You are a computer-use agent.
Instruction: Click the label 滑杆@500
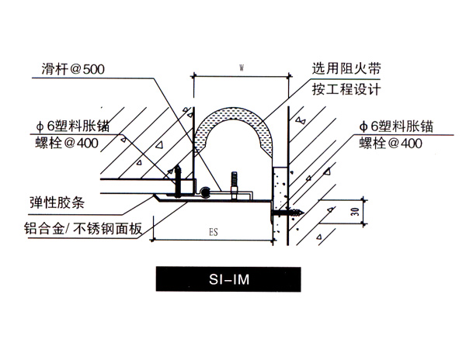click(73, 69)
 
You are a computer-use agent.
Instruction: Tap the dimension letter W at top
click(242, 68)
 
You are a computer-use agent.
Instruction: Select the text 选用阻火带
click(346, 68)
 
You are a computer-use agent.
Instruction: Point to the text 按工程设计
click(346, 89)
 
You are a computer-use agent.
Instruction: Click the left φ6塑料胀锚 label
click(73, 126)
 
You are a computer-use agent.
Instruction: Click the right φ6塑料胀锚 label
click(396, 126)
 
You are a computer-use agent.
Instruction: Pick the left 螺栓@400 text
click(67, 144)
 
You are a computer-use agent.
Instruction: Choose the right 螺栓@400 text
click(391, 144)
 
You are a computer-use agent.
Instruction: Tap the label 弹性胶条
click(57, 203)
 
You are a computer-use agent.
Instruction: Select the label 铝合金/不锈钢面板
click(83, 229)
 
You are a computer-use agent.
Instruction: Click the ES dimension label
click(214, 232)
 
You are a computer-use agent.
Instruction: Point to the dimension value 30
click(355, 212)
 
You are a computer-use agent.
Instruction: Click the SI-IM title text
click(229, 279)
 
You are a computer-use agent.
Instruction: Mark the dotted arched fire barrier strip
click(233, 112)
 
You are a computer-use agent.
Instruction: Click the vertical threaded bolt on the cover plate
click(235, 185)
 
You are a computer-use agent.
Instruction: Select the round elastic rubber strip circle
click(205, 192)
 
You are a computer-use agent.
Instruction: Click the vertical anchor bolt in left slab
click(178, 181)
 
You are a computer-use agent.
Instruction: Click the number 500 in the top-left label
click(94, 70)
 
